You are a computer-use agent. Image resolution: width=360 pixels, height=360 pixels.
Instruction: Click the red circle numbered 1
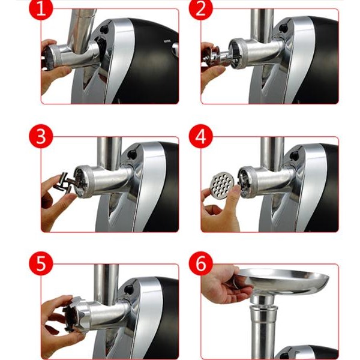click(x=41, y=8)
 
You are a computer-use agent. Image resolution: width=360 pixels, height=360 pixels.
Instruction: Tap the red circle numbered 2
click(x=201, y=8)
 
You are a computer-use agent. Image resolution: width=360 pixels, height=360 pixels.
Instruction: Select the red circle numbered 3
click(x=41, y=136)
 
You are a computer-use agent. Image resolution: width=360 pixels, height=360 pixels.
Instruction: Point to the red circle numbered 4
click(x=201, y=136)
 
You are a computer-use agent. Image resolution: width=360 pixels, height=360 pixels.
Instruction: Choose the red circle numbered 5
click(x=41, y=263)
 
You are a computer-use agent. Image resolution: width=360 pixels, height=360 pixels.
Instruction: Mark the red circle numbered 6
click(x=201, y=263)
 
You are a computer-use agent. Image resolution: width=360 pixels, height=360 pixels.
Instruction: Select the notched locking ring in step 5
click(x=74, y=314)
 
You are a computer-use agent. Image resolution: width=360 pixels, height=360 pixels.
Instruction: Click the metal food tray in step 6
click(x=284, y=282)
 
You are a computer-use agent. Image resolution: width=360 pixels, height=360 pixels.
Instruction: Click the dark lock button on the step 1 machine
click(x=104, y=29)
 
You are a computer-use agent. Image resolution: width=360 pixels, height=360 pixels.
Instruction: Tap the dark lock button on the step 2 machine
click(x=283, y=27)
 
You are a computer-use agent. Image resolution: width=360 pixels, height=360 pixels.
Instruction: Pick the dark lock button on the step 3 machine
click(x=132, y=154)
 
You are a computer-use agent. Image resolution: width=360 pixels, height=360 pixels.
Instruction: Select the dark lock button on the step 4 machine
click(x=293, y=155)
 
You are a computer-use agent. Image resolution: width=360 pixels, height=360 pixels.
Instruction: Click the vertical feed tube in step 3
click(x=109, y=154)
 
